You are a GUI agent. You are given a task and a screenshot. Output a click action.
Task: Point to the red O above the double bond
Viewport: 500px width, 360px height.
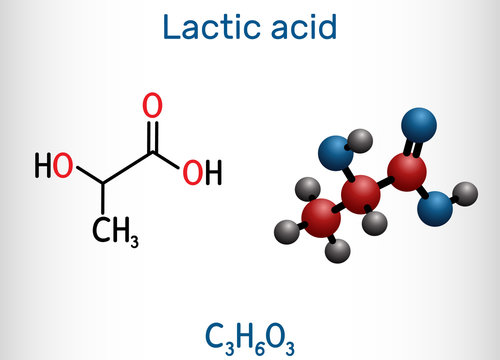coord(152,104)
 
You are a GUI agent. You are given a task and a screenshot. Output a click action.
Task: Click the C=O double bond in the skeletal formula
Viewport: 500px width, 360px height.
coord(152,128)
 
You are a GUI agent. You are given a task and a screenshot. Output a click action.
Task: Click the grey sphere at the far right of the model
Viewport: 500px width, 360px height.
coord(466,193)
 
